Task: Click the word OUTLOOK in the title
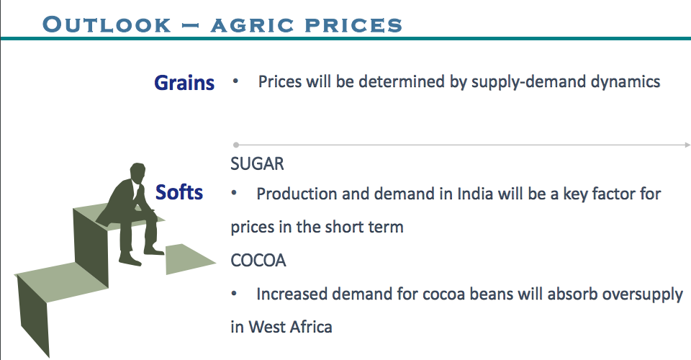coord(107,24)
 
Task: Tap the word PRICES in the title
coord(353,25)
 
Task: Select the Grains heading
coord(184,83)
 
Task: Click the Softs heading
coord(179,192)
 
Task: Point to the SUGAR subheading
coord(258,164)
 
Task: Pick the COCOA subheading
coord(258,261)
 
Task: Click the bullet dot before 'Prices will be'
coord(236,81)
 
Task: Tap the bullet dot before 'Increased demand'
coord(234,293)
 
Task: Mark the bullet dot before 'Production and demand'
coord(234,193)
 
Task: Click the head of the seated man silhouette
coord(137,174)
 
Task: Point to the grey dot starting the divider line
coord(236,145)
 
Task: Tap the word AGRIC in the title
coord(252,25)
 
